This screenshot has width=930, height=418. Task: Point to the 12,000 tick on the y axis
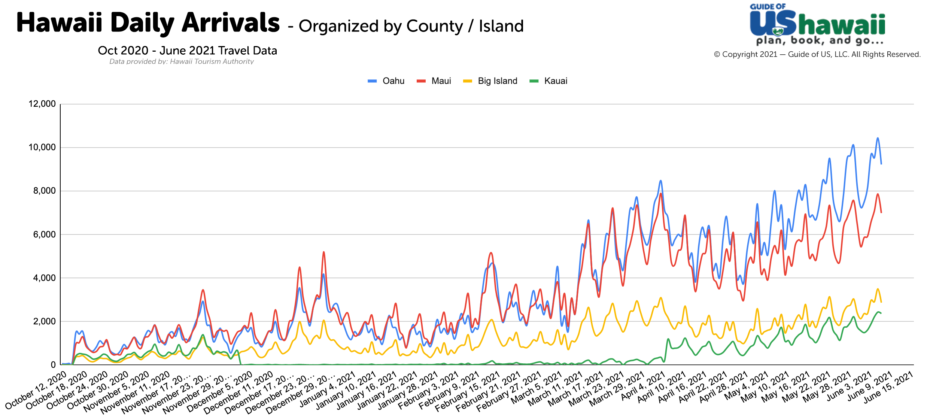42,104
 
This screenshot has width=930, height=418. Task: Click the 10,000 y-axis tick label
42,147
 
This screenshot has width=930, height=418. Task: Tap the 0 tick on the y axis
53,365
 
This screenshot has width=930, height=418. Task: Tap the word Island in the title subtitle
501,26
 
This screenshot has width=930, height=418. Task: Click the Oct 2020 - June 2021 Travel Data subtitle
187,51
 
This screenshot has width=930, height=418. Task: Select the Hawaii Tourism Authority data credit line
181,61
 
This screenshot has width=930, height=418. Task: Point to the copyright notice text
817,54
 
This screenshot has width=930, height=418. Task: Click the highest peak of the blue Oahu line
877,138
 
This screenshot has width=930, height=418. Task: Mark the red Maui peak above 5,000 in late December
323,252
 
